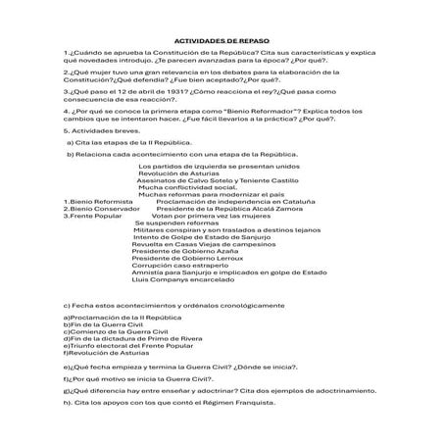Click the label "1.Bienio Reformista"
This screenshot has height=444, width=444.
click(90, 201)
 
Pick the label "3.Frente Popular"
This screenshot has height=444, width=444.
click(86, 216)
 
